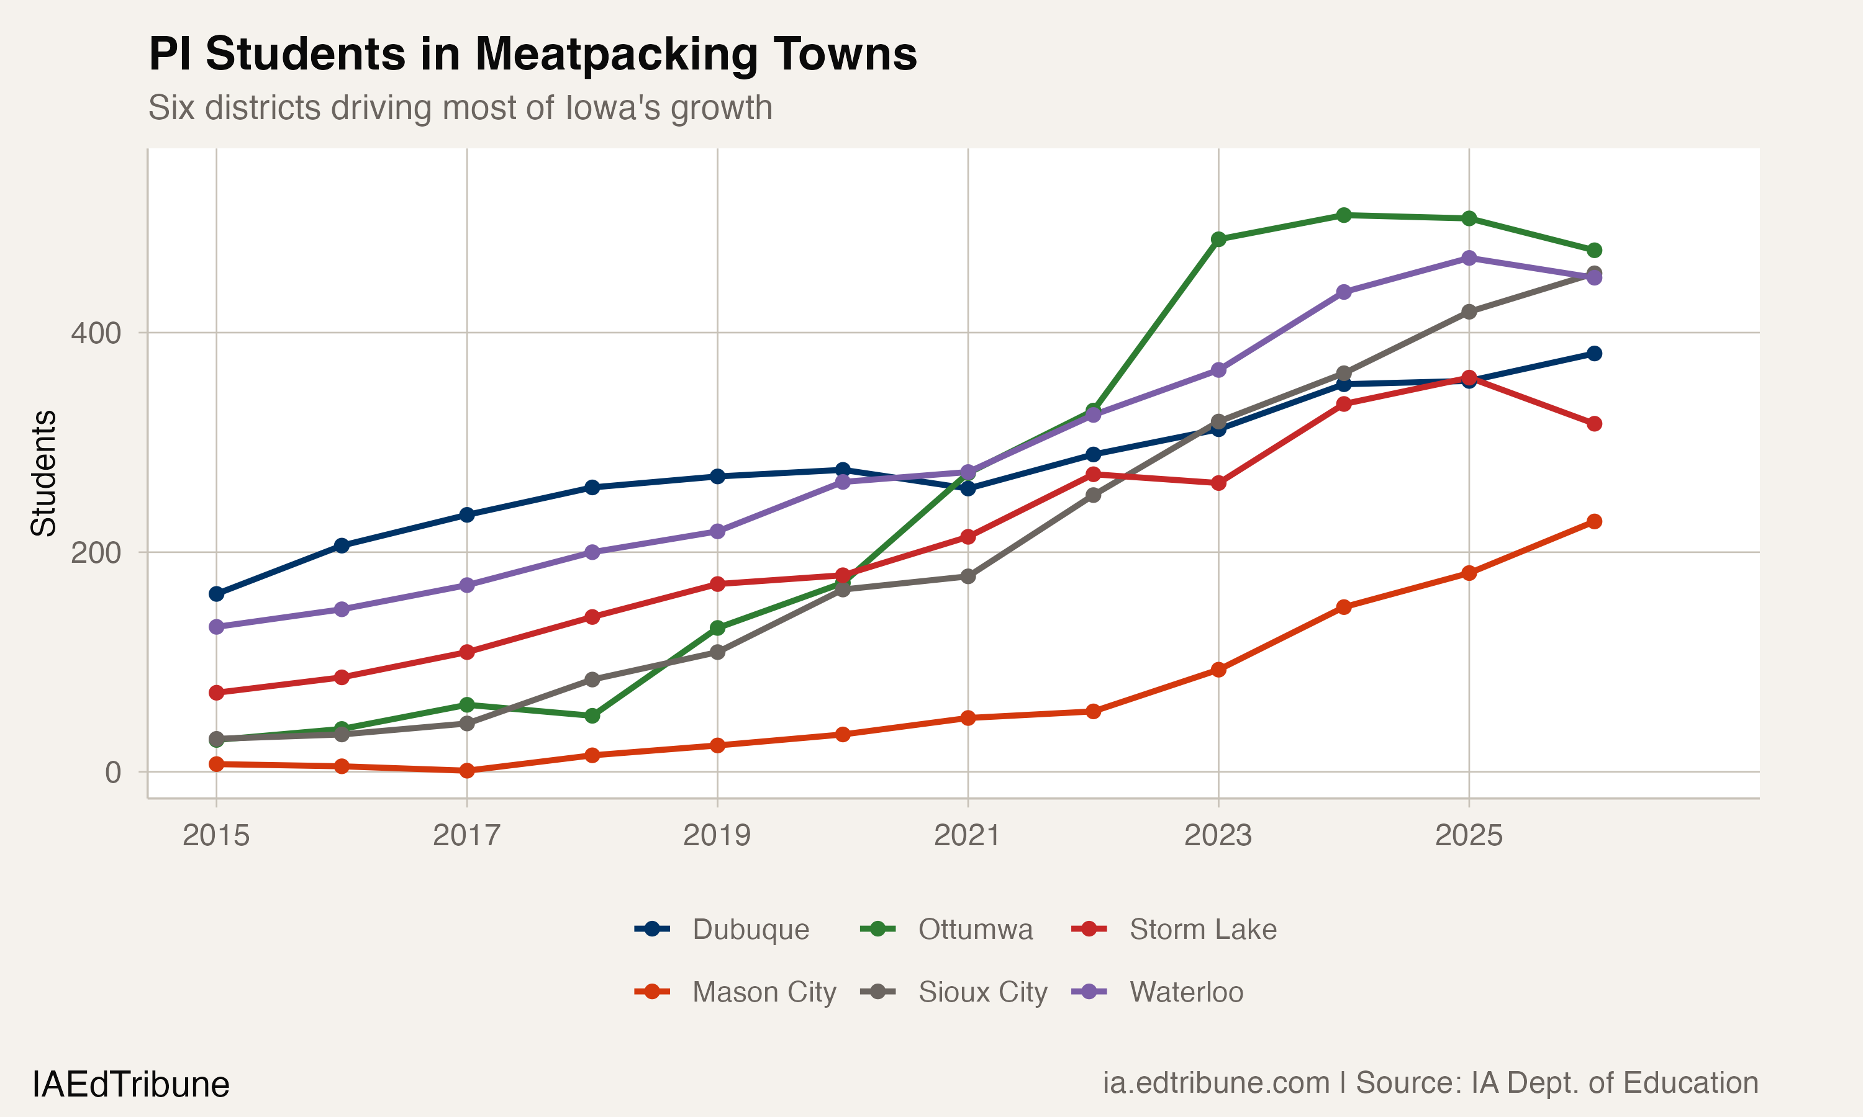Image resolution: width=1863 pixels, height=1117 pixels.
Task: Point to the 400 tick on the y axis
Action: coord(96,333)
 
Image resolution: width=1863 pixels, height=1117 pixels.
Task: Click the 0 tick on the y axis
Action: coord(113,772)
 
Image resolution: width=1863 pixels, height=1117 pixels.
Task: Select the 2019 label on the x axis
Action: coord(716,835)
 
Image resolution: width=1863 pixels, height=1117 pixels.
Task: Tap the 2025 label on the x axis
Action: coord(1469,835)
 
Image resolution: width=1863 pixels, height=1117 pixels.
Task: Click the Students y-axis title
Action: coord(43,473)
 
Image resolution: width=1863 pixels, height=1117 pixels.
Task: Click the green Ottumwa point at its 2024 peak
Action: coord(1343,215)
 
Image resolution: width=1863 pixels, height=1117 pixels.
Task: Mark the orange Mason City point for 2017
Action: coord(467,771)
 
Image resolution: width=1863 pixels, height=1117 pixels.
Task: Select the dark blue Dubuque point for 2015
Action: coord(216,594)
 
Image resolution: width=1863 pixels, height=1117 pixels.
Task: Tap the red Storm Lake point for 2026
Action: coord(1594,424)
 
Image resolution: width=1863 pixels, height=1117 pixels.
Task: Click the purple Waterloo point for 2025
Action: coord(1469,258)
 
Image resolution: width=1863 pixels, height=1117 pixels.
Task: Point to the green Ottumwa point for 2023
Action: coord(1218,240)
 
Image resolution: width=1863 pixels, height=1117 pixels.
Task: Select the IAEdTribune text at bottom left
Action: coord(130,1085)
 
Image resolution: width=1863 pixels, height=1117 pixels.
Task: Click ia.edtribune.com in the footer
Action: coord(1215,1083)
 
